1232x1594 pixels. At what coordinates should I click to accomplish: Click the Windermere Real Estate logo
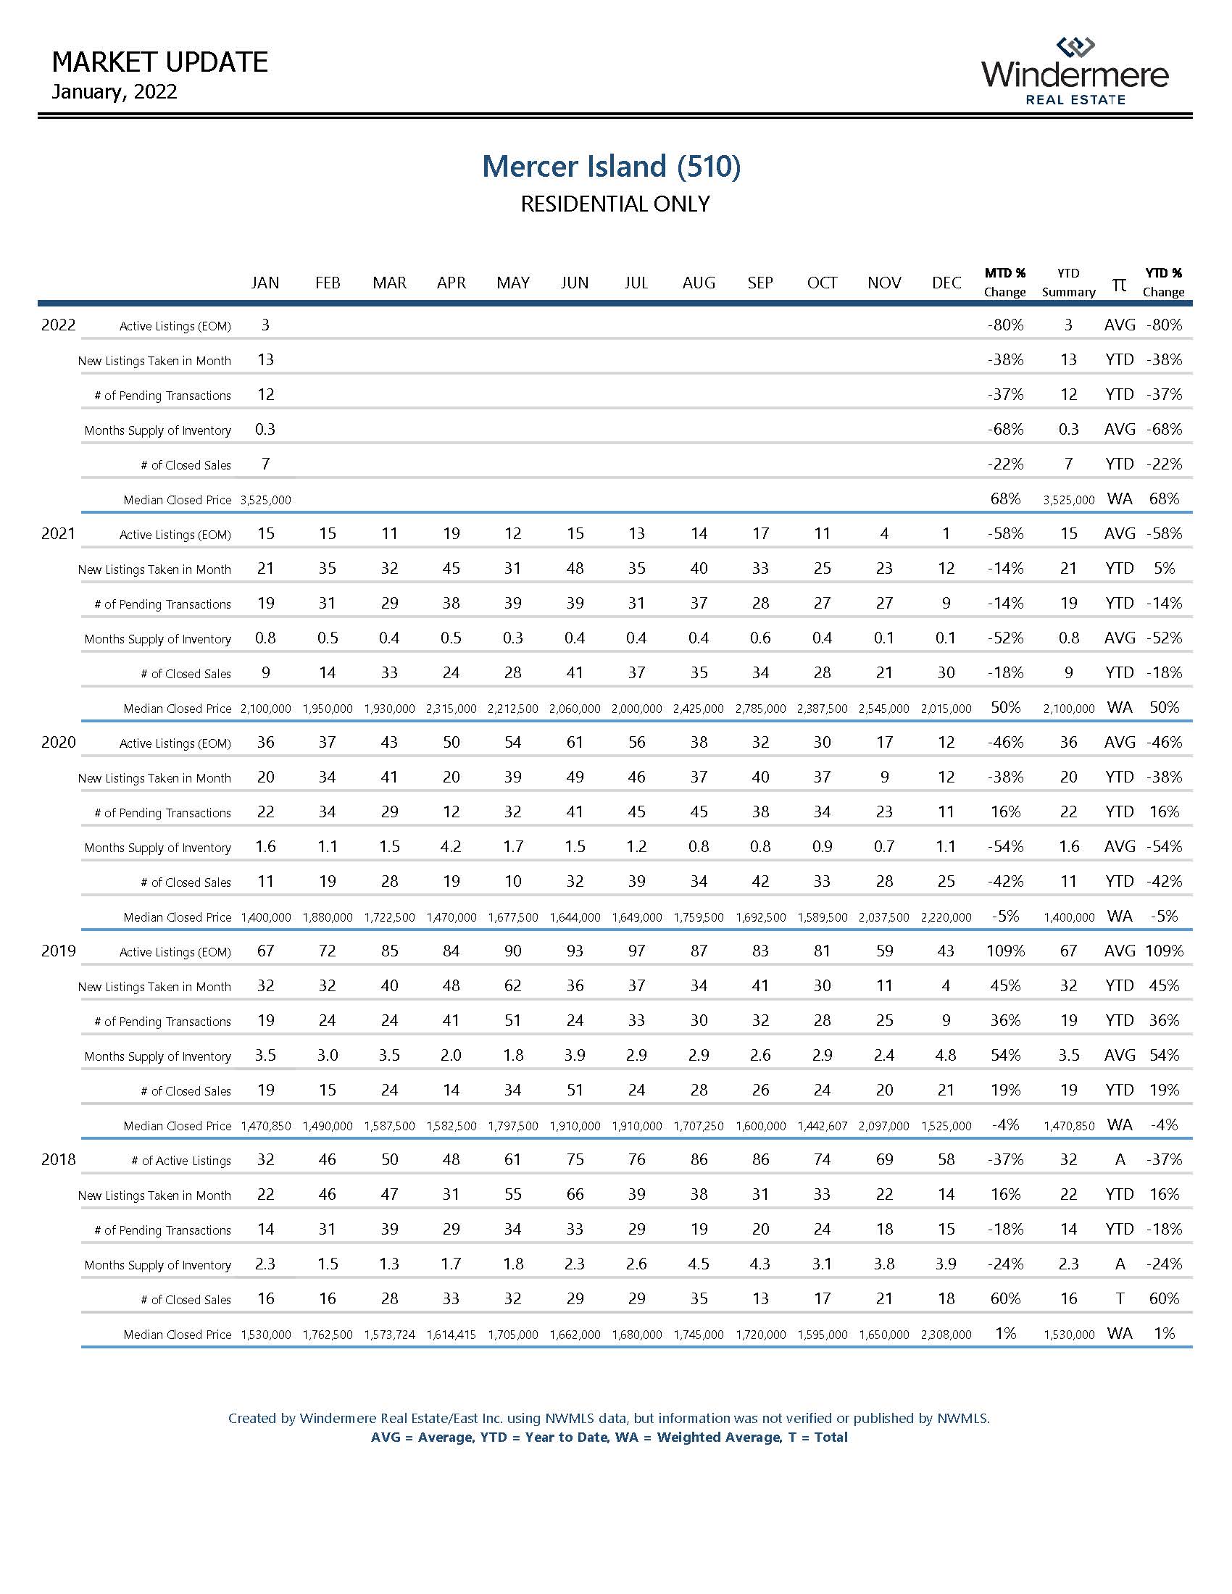1074,72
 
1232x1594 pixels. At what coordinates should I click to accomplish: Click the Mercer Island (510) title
611,167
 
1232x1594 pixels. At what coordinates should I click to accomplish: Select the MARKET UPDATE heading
160,63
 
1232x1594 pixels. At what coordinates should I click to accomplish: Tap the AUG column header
699,283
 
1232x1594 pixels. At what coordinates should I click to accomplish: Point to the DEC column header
946,283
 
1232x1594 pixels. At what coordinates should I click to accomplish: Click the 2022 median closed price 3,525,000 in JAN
266,500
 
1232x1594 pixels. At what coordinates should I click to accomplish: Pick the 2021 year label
59,533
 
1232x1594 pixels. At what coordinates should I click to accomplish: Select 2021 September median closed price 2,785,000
760,709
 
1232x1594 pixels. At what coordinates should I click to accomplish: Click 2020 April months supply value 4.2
451,846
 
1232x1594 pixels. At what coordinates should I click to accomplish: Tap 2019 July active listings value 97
636,951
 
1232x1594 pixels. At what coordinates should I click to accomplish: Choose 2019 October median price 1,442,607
823,1126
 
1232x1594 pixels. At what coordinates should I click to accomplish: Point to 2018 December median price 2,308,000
946,1335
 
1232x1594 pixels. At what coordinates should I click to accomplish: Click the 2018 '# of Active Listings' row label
181,1161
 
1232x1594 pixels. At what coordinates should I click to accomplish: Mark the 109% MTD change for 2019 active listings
1005,951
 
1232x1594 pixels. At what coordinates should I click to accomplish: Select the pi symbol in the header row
1118,284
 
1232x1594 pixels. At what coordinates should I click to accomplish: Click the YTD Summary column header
1068,283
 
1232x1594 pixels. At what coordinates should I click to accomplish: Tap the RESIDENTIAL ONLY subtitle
615,204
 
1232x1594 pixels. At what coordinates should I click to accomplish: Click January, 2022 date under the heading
115,92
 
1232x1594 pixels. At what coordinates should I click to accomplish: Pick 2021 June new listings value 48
575,569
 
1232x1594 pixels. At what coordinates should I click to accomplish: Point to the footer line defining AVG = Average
609,1437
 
